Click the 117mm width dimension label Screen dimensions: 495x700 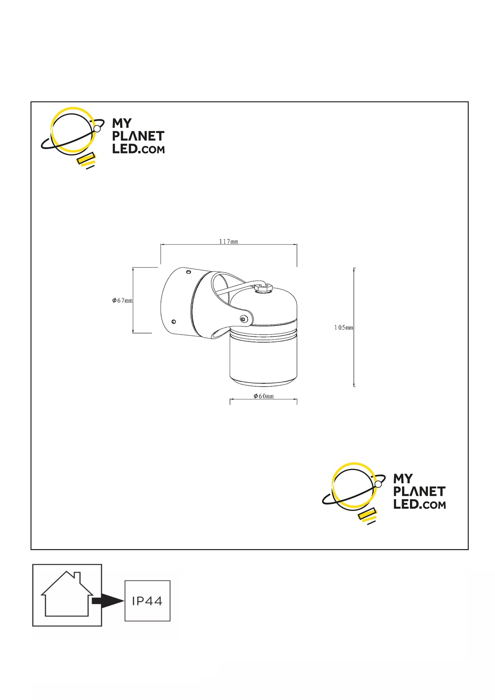(x=228, y=241)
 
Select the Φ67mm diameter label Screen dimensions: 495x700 (x=122, y=301)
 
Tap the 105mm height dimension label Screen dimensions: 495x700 (x=344, y=328)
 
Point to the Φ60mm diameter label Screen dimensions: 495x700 (x=264, y=396)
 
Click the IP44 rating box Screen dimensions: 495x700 (x=147, y=601)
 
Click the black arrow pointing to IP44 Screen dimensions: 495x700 (x=108, y=600)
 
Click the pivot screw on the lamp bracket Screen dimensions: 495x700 (x=243, y=319)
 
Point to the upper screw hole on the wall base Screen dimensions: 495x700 (x=188, y=272)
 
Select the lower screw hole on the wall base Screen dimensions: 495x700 (x=174, y=321)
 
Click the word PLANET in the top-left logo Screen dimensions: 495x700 (x=138, y=136)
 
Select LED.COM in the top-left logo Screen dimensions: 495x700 (x=138, y=149)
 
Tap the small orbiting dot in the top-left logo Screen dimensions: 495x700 (x=97, y=129)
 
